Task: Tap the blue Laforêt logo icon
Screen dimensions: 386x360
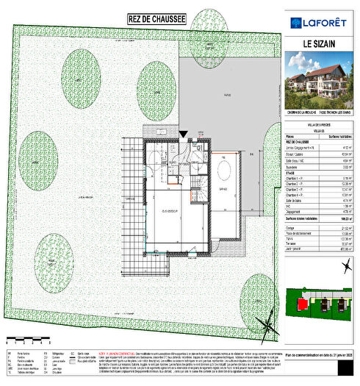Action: coord(296,21)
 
